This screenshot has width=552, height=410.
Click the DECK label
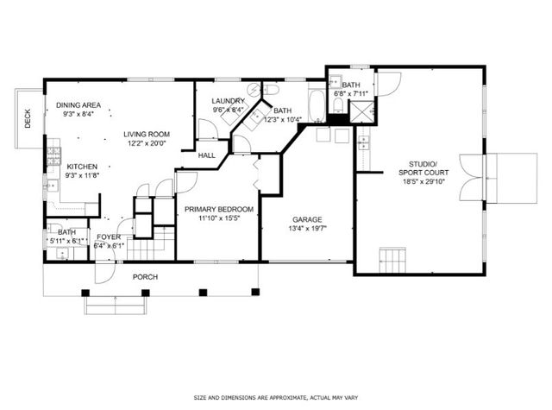pyautogui.click(x=28, y=118)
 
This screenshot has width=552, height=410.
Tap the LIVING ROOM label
pyautogui.click(x=147, y=134)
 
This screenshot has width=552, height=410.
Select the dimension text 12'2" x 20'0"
pyautogui.click(x=147, y=143)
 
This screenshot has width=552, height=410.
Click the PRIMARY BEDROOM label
pyautogui.click(x=219, y=209)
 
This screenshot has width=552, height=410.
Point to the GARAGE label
pyautogui.click(x=307, y=219)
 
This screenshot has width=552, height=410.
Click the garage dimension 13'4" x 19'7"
pyautogui.click(x=307, y=228)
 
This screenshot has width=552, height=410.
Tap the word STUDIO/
pyautogui.click(x=423, y=164)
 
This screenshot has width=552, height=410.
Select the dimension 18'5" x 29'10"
pyautogui.click(x=423, y=182)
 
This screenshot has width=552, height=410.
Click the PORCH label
pyautogui.click(x=145, y=277)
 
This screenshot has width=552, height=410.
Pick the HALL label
pyautogui.click(x=207, y=155)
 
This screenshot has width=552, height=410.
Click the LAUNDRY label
pyautogui.click(x=228, y=101)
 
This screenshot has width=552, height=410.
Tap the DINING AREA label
pyautogui.click(x=78, y=105)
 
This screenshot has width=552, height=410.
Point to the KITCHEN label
pyautogui.click(x=82, y=167)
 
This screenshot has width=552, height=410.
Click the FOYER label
pyautogui.click(x=109, y=237)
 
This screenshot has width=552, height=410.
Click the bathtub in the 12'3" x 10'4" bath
pyautogui.click(x=317, y=105)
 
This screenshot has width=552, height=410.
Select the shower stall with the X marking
pyautogui.click(x=361, y=111)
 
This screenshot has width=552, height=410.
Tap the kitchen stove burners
pyautogui.click(x=53, y=156)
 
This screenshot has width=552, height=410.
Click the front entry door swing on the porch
pyautogui.click(x=105, y=272)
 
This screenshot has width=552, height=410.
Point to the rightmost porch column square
pyautogui.click(x=255, y=292)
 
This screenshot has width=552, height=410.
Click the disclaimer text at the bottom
pyautogui.click(x=276, y=398)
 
